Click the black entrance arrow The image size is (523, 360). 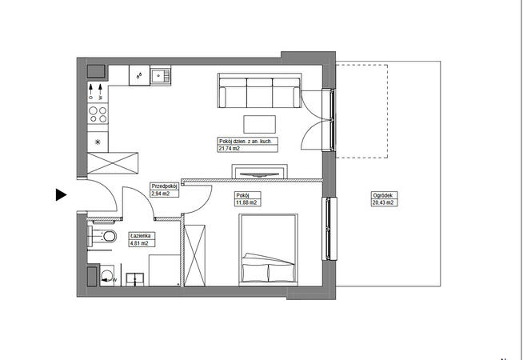(61, 195)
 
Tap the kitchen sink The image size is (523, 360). (161, 75)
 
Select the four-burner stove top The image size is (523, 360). (98, 114)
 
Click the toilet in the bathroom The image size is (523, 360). (102, 236)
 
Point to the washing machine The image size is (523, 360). (107, 275)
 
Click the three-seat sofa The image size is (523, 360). (259, 90)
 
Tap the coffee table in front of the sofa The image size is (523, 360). (259, 124)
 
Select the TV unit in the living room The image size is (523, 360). (259, 171)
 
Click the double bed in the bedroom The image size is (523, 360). (268, 250)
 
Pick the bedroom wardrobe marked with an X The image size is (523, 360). (195, 255)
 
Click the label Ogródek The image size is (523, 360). (381, 195)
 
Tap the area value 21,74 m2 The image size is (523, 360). (230, 149)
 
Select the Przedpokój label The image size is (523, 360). (163, 186)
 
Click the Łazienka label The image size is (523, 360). (141, 236)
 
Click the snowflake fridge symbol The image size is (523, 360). (98, 142)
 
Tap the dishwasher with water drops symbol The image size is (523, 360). (139, 75)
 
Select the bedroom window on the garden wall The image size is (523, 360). (329, 229)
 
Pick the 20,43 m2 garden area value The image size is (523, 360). (383, 202)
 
